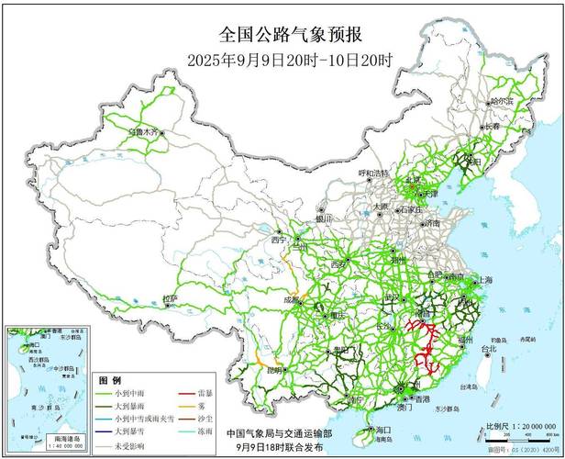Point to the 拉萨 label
(169, 298)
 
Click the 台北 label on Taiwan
(490, 349)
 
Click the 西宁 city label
(279, 240)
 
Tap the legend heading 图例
(109, 379)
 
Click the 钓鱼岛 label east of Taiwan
(500, 337)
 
